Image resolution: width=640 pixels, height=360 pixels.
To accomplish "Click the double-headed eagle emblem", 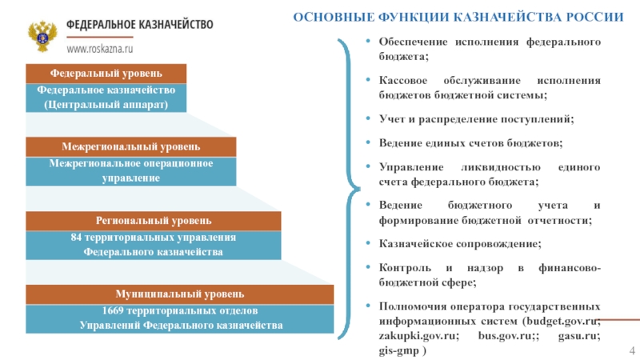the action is tap(42, 36).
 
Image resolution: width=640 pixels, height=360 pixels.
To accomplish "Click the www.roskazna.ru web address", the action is tap(100, 49).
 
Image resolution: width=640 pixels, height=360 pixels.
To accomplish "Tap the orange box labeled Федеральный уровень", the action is tap(106, 74).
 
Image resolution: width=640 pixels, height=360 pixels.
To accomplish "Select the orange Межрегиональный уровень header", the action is tap(131, 147).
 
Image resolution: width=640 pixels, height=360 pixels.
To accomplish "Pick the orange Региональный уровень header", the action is tap(154, 221).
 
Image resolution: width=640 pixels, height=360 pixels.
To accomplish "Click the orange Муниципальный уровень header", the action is tap(179, 294).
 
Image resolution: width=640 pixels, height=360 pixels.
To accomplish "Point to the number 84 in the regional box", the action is tap(76, 237).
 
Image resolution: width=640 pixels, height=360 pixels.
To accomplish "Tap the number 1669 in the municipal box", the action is tap(112, 310).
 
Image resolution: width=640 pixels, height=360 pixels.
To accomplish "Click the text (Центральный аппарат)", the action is tap(106, 105).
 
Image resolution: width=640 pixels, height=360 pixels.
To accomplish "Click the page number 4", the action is tap(632, 350).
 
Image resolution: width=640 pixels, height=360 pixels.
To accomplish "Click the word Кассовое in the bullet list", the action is tap(403, 81).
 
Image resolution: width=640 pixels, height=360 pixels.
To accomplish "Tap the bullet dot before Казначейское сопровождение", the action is tap(368, 243).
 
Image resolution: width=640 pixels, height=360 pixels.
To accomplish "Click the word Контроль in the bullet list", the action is tap(405, 268).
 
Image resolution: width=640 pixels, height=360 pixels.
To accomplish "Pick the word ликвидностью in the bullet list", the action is tap(501, 167).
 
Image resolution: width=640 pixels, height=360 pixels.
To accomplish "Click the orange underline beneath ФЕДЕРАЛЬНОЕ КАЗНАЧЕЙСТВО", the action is tap(100, 37).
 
